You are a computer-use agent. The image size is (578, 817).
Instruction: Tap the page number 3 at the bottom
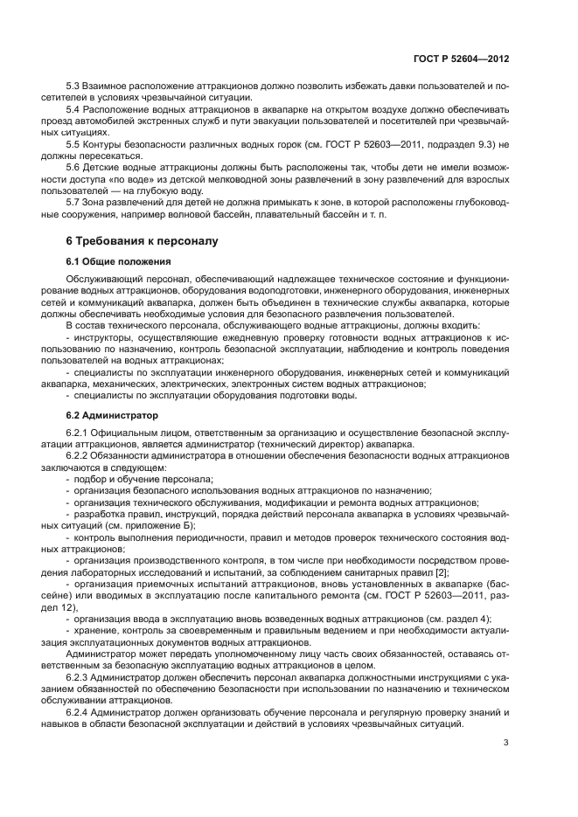505,744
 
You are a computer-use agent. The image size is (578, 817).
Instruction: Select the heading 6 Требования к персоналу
137,239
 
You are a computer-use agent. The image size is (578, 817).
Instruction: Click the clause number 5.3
73,87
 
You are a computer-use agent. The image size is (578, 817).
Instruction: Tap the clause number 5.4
73,110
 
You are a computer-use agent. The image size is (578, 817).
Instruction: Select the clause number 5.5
73,144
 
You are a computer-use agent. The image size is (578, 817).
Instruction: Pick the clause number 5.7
73,201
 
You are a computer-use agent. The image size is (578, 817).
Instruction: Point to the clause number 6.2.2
77,456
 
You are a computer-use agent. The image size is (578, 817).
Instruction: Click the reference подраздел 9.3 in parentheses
453,144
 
